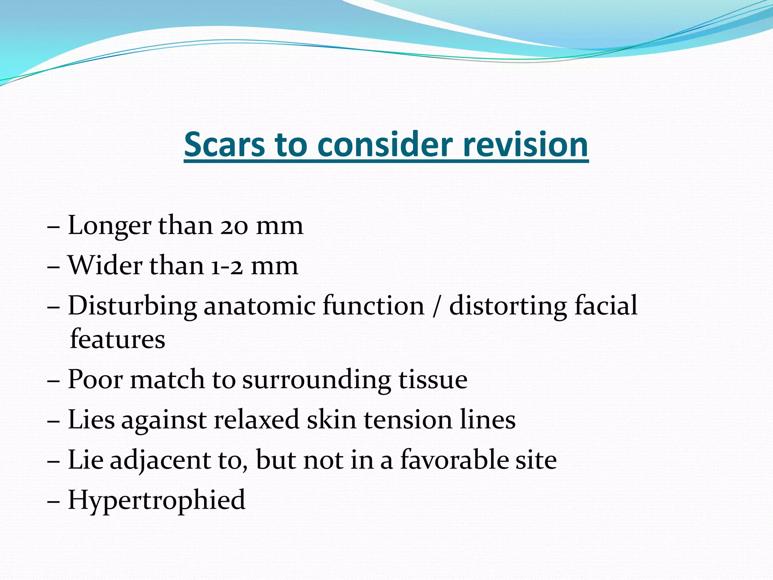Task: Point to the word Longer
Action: click(109, 226)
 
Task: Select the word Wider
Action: click(105, 266)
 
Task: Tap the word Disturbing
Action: click(132, 306)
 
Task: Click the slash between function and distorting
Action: click(437, 306)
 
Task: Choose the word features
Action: click(118, 339)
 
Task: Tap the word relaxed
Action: click(256, 420)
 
